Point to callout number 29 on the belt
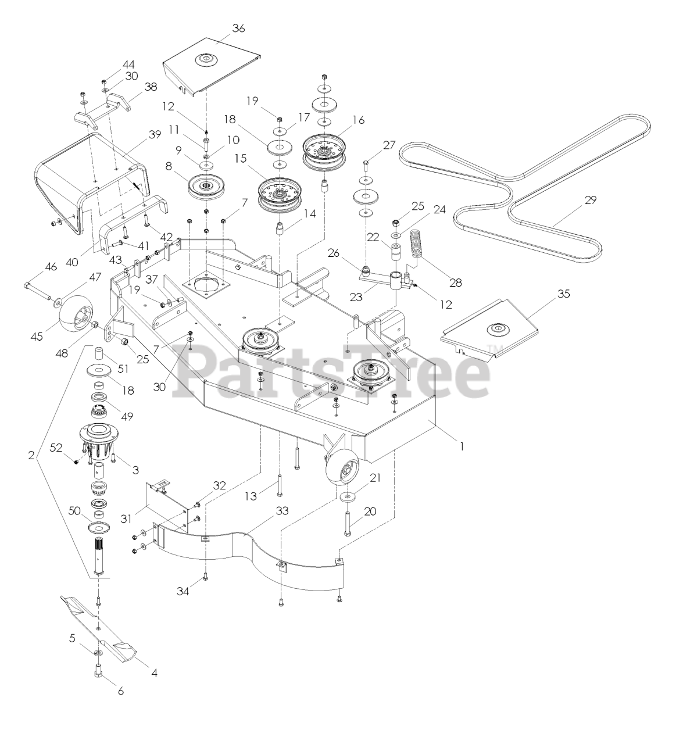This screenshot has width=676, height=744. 590,200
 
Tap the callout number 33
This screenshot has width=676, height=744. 281,511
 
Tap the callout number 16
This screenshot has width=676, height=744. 358,120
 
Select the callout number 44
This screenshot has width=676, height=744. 128,64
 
